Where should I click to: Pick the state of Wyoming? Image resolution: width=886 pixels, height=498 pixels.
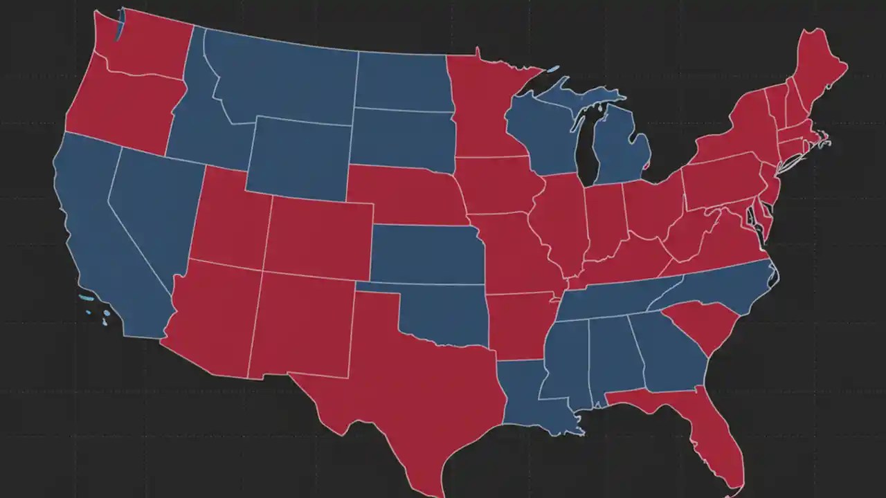(x=298, y=159)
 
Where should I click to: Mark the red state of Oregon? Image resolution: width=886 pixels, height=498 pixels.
(x=118, y=104)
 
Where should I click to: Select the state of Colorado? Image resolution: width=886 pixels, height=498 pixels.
(x=318, y=235)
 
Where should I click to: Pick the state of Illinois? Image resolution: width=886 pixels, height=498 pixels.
(x=559, y=221)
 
